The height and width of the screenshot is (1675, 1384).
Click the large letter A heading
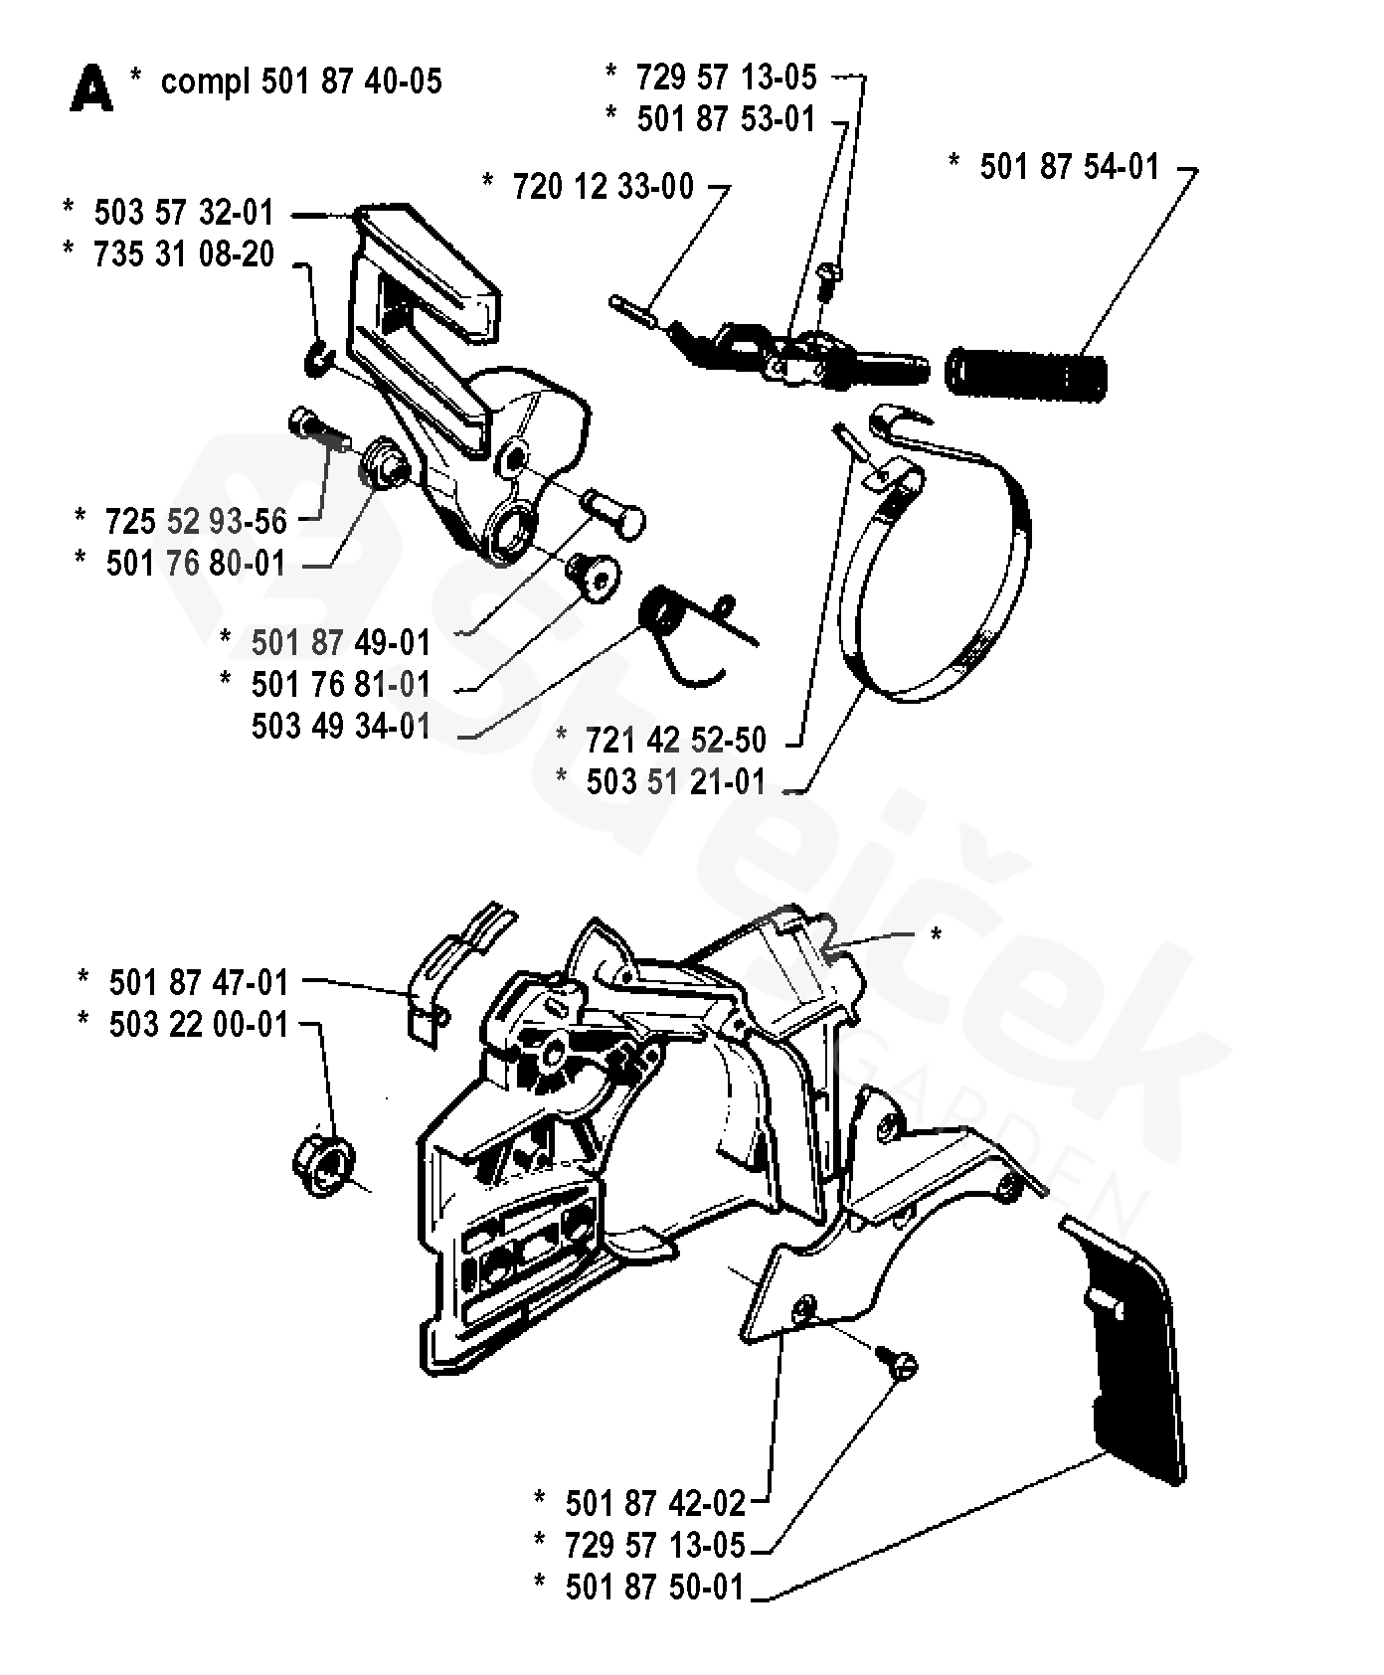91,88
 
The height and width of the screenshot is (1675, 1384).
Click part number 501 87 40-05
351,81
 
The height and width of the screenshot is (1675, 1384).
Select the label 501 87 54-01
1069,166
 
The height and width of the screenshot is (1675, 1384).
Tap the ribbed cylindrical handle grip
1027,371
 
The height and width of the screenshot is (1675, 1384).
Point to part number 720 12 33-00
603,186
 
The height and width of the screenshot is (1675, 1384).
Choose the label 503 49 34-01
341,727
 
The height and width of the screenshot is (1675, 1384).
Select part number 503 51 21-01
676,782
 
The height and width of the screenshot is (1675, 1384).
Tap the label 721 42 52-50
676,741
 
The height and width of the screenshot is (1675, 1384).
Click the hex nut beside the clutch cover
323,1163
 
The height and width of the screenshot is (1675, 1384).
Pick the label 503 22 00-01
199,1024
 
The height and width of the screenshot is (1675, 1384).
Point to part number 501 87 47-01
199,982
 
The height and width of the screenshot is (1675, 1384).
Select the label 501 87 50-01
654,1588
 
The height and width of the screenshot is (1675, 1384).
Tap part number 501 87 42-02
654,1502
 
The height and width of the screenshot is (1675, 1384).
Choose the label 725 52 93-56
195,521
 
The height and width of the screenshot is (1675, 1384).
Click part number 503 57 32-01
183,213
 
